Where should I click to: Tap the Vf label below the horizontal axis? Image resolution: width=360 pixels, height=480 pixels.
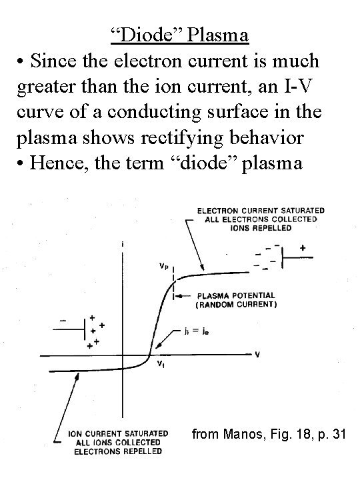161,364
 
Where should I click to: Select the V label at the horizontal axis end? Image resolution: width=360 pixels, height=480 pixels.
258,355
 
